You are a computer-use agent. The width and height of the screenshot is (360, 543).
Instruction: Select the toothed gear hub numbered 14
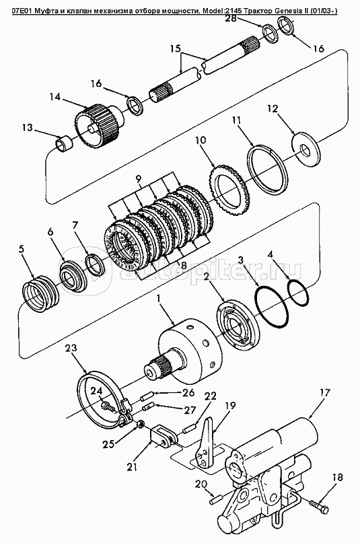tap(99, 126)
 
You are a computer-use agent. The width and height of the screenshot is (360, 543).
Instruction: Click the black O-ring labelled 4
tap(298, 293)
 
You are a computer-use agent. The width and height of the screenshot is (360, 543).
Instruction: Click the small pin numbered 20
tap(214, 501)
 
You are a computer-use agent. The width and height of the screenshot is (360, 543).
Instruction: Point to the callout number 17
tap(325, 394)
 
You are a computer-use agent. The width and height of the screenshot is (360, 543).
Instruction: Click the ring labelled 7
tap(95, 264)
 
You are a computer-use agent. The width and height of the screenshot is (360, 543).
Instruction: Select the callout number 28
tap(231, 18)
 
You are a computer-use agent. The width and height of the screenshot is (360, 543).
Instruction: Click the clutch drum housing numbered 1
tap(190, 352)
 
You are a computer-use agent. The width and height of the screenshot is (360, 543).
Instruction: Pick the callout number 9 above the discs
tap(138, 179)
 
